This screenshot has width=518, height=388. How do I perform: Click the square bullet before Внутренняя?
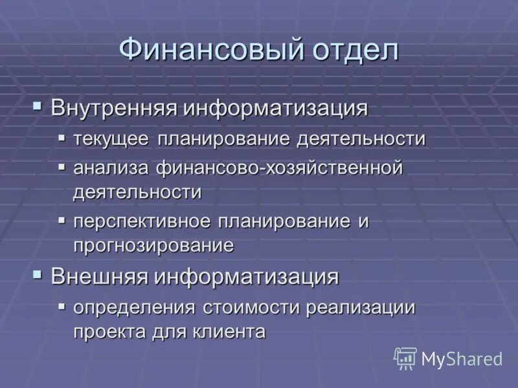click(x=38, y=103)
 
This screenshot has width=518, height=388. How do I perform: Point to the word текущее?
click(x=111, y=139)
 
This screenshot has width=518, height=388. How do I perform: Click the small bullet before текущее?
click(x=62, y=137)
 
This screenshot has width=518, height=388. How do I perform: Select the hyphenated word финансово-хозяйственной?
click(x=279, y=168)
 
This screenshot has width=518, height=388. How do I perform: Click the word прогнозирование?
click(x=153, y=245)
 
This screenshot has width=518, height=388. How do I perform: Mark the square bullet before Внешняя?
click(x=38, y=274)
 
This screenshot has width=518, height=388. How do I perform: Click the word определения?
click(x=134, y=308)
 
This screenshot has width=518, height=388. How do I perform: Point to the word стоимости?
click(x=247, y=308)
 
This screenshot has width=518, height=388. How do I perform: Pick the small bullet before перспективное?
click(x=62, y=219)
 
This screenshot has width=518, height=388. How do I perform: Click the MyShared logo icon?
click(x=405, y=358)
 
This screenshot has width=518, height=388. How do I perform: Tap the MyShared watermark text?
click(x=462, y=359)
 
